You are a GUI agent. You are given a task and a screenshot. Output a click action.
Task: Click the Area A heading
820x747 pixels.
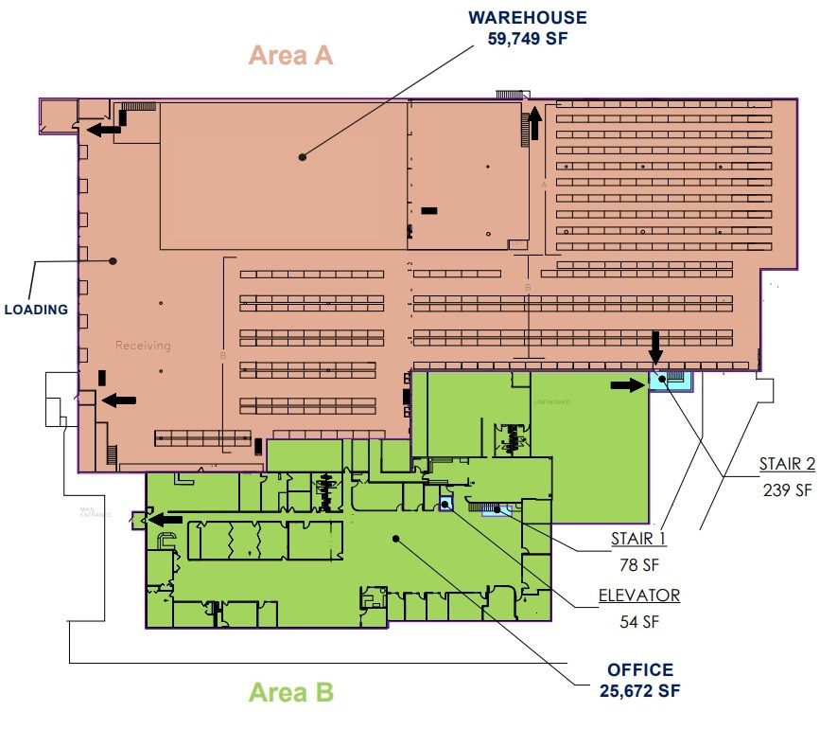point(290,56)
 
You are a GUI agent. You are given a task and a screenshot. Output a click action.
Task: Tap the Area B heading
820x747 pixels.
point(290,693)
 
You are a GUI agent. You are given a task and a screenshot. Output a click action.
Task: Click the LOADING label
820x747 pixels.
point(36,310)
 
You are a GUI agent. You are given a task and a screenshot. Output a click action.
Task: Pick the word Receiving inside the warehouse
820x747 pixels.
point(143,346)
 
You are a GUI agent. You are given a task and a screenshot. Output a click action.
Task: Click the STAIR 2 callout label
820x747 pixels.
point(786,464)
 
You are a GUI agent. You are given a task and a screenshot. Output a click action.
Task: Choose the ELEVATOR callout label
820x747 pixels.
point(638,596)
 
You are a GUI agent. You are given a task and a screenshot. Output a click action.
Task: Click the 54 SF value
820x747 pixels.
point(639,622)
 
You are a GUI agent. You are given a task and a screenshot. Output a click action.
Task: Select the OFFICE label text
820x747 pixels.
point(640,670)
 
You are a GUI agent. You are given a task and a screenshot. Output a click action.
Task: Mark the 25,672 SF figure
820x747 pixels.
point(640,690)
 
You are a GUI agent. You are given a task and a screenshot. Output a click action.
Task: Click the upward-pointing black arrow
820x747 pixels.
point(535,122)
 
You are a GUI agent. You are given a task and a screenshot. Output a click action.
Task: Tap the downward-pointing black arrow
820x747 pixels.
point(654,347)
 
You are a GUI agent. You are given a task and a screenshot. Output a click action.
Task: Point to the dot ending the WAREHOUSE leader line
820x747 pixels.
point(302,156)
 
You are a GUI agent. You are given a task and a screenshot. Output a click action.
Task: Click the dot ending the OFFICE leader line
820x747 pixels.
point(396,539)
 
